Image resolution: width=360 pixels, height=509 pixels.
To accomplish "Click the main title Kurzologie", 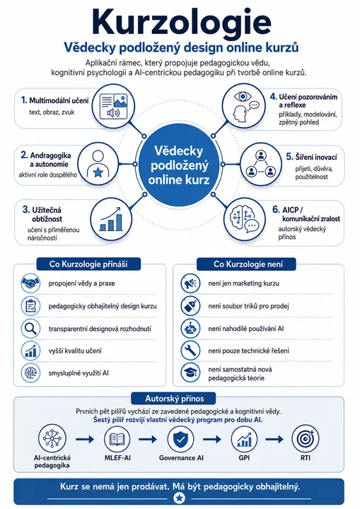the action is click(181, 23).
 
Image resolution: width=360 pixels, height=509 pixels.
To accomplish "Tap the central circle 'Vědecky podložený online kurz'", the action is click(179, 165).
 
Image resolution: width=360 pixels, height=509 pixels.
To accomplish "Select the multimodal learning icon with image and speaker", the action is click(113, 106).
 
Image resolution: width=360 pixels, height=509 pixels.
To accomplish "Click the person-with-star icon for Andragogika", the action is click(98, 164).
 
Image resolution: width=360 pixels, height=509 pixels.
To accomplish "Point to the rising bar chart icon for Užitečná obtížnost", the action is click(111, 219).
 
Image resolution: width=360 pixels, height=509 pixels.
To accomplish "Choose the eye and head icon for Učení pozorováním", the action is click(244, 105).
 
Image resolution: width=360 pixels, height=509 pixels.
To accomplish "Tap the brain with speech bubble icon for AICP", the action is click(245, 219).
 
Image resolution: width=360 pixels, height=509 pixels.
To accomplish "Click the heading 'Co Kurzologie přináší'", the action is click(88, 264).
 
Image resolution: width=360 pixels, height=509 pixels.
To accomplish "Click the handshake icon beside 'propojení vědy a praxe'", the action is click(30, 283).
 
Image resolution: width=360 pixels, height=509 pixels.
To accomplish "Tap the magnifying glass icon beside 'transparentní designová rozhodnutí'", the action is click(30, 329).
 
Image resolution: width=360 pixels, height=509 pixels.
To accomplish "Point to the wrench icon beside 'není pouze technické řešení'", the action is click(190, 351).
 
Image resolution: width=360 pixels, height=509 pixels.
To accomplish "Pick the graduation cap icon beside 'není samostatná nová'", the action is click(190, 373).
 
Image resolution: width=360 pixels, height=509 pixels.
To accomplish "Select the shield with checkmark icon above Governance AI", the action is click(180, 439).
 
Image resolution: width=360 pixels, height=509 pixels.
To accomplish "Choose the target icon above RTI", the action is click(306, 439).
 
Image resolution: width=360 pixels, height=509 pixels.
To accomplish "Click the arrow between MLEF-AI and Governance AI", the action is click(148, 440).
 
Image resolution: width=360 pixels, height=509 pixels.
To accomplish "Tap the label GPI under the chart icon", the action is click(244, 457).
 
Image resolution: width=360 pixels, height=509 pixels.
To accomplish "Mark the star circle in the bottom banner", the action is click(180, 498).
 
